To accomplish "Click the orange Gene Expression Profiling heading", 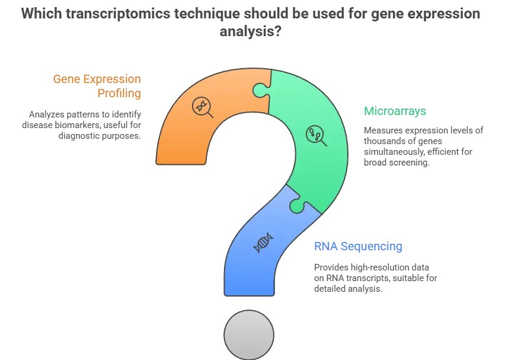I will pos(97,86).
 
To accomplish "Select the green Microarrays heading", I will pos(395,111).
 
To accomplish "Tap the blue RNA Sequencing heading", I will pos(358,246).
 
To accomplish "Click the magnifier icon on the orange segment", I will pos(202,107).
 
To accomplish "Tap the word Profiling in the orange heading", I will pos(119,94).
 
